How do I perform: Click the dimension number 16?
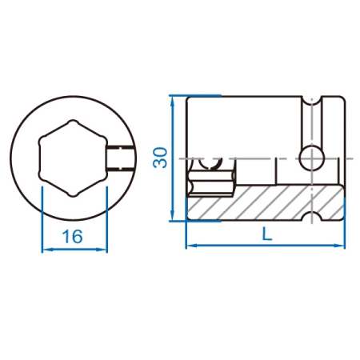72,237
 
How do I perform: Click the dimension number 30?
160,158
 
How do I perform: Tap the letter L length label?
267,234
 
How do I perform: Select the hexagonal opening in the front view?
73,158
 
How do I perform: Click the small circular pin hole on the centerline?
312,158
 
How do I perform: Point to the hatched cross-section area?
266,202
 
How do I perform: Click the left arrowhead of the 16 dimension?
46,250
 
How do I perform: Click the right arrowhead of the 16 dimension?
102,250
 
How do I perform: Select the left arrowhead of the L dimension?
190,246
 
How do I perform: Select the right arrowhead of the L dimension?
340,246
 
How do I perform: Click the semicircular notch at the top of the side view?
312,101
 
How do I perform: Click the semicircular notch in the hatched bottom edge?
312,216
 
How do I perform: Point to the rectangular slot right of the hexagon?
120,158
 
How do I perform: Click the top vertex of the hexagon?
73,121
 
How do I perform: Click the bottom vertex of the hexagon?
73,196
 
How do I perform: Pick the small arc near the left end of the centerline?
210,164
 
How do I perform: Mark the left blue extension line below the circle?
42,219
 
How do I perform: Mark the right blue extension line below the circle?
106,219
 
